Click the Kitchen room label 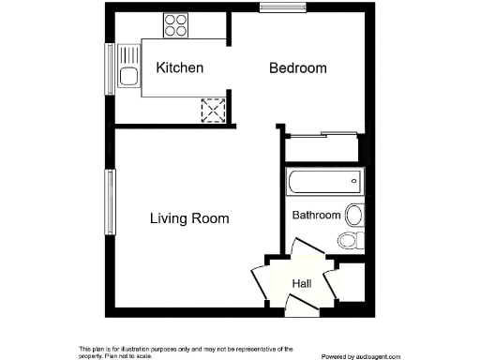click(x=180, y=68)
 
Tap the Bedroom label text click(x=298, y=68)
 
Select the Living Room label click(x=189, y=218)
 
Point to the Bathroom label click(x=316, y=215)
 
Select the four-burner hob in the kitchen click(x=175, y=24)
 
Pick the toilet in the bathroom click(x=349, y=240)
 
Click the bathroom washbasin click(x=354, y=215)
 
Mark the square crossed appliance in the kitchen click(x=214, y=111)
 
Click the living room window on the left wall click(x=109, y=201)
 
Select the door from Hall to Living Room click(x=258, y=279)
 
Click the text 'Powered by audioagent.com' click(x=366, y=356)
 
